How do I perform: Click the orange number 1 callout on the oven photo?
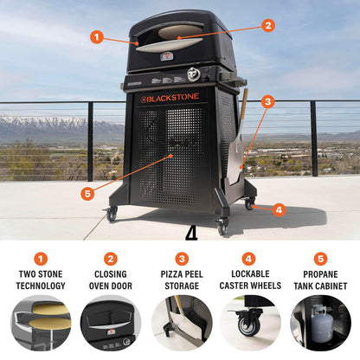96,37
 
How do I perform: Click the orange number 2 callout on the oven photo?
267,26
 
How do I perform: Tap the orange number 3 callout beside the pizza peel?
267,101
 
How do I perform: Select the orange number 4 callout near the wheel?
278,209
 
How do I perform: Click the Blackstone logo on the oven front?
175,99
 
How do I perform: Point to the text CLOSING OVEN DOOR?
110,280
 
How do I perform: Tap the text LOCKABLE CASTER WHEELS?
250,280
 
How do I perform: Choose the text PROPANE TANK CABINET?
320,280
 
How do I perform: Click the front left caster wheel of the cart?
112,214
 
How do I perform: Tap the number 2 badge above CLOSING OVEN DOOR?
110,259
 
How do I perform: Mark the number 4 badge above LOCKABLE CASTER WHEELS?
250,259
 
